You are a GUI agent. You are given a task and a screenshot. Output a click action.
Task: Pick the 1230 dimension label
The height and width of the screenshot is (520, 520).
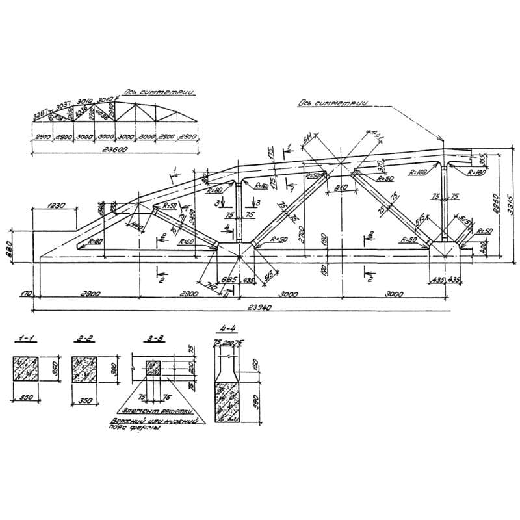[x=57, y=206]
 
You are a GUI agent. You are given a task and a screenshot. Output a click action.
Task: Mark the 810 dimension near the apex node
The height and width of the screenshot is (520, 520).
[x=341, y=187]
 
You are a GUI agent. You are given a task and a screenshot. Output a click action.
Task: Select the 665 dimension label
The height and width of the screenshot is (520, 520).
[x=229, y=278]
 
